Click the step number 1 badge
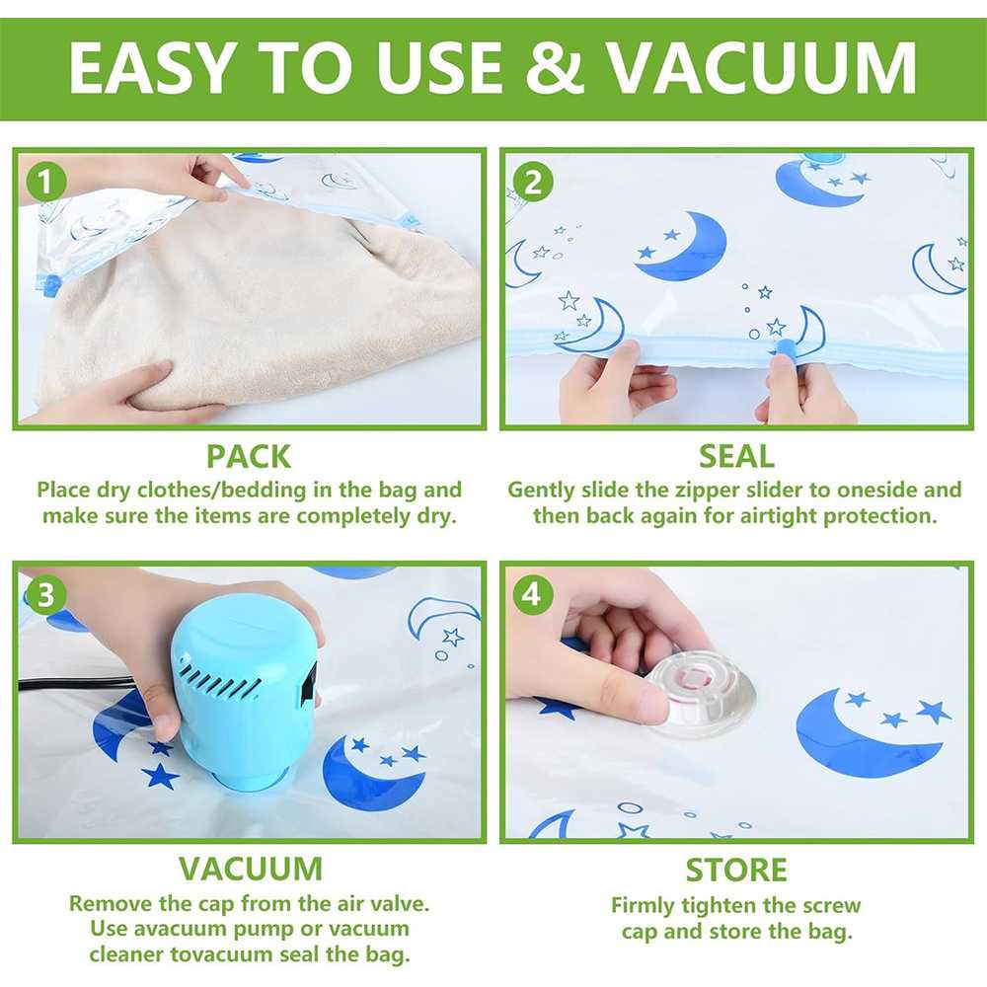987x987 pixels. (x=40, y=182)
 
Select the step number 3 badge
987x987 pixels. (x=40, y=595)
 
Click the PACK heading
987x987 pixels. (x=249, y=456)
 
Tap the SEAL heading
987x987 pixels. (x=735, y=456)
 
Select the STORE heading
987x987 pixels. (x=736, y=871)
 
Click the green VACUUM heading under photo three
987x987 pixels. (x=250, y=869)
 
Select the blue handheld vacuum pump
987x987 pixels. (x=242, y=691)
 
